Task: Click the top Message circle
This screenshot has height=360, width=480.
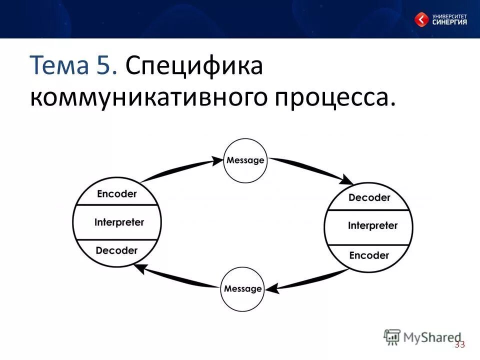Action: click(x=245, y=160)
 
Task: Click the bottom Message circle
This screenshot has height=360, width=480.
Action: click(x=242, y=289)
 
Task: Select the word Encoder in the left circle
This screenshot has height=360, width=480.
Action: click(x=116, y=194)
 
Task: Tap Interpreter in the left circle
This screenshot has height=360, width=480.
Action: click(x=119, y=222)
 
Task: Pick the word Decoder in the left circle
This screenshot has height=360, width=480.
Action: click(x=116, y=250)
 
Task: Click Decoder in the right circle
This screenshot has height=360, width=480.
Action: click(x=369, y=197)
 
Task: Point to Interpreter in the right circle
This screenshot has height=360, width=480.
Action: click(x=372, y=225)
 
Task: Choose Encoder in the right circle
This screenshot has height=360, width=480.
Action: click(x=369, y=255)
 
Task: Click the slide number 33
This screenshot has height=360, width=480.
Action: click(x=460, y=344)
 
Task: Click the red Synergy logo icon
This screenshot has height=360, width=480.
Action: click(x=421, y=19)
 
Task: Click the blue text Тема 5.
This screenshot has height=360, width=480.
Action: click(x=74, y=66)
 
